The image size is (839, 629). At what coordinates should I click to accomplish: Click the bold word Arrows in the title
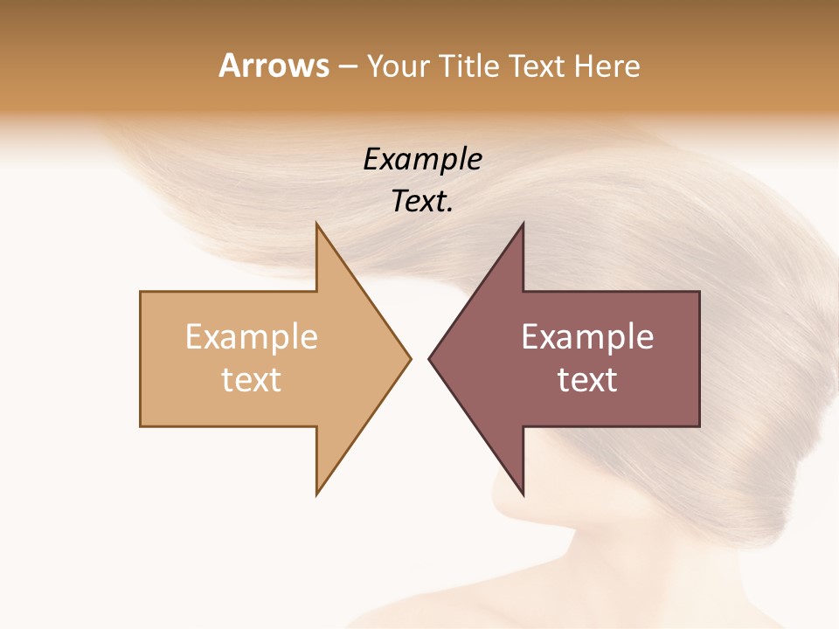click(x=274, y=66)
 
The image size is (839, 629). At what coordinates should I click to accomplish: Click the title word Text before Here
click(x=538, y=66)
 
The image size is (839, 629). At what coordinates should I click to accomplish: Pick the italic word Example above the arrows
click(x=422, y=159)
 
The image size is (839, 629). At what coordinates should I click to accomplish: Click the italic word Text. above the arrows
click(x=422, y=202)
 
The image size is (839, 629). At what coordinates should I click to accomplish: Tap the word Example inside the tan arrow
click(x=252, y=336)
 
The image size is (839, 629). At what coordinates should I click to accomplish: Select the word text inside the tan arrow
click(x=252, y=379)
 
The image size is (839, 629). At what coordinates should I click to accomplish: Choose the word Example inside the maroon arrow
click(x=587, y=336)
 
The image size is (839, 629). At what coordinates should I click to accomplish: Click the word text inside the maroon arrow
click(x=587, y=379)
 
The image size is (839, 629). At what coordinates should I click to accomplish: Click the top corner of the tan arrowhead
click(x=317, y=225)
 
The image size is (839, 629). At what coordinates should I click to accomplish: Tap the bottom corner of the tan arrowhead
click(x=317, y=494)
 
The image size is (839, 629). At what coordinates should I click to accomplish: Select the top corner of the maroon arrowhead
click(x=523, y=225)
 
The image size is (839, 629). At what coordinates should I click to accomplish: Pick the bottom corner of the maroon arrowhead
click(x=523, y=494)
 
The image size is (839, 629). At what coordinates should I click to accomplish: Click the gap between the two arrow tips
click(x=419, y=358)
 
